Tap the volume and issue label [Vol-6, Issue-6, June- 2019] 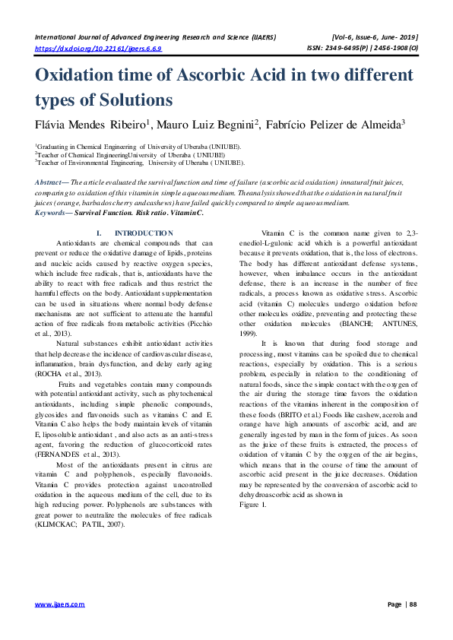375,36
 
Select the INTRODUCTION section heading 144,233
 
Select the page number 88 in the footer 413,604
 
